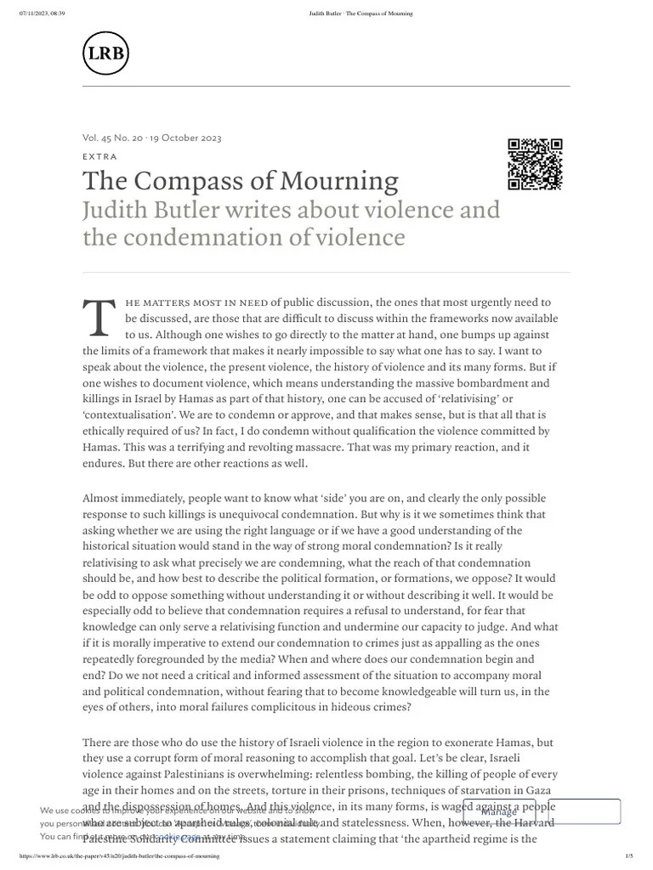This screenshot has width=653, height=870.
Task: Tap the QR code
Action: click(x=535, y=163)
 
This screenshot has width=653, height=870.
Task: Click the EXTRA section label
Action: click(x=99, y=156)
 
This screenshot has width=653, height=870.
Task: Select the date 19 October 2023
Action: click(x=186, y=138)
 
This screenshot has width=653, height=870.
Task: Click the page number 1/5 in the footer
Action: click(x=629, y=857)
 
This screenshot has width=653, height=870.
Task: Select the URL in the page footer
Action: click(x=113, y=857)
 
